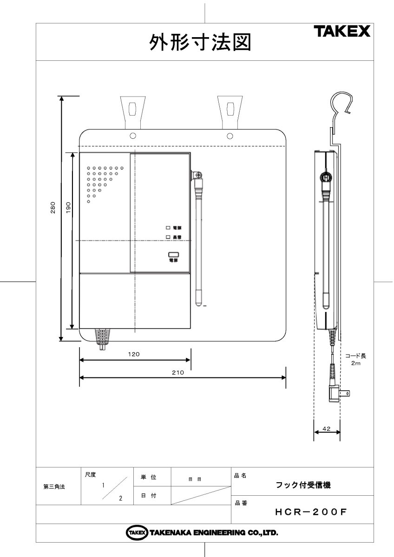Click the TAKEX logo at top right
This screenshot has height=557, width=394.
[341, 32]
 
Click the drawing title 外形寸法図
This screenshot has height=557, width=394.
[200, 43]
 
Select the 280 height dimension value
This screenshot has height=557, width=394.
[53, 208]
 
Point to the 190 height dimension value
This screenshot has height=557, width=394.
[67, 208]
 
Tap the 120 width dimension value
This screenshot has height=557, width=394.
[134, 354]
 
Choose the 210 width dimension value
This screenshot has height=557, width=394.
[178, 372]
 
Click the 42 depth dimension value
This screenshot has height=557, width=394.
[326, 428]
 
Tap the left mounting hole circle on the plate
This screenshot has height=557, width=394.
[133, 136]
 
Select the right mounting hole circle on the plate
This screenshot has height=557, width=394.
[230, 136]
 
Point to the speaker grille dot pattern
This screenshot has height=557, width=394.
[101, 181]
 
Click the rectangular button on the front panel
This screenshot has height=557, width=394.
[174, 254]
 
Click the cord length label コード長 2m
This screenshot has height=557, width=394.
[355, 360]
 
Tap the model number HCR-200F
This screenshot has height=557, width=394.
[311, 512]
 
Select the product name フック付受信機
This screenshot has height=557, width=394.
[303, 485]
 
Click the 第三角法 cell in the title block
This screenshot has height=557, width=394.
[54, 487]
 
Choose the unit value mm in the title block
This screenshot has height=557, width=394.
[195, 479]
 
